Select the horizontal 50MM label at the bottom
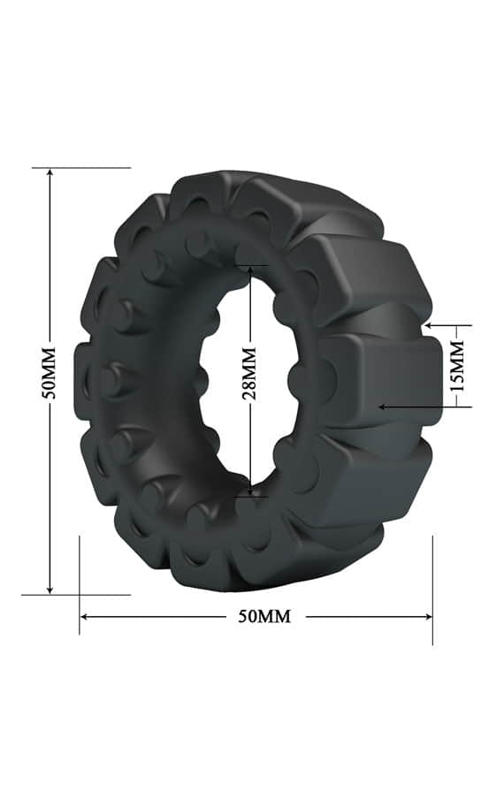coord(264,616)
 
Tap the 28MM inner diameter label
coord(249,374)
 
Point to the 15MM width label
coord(457,366)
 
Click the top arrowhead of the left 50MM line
coord(50,173)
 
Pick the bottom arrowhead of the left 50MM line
coord(50,589)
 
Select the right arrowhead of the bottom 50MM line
coord(427,616)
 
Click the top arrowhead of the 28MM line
coord(250,270)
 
